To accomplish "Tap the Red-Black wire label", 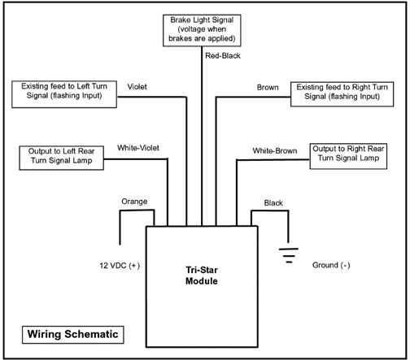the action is click(x=223, y=56).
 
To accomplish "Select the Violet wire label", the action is click(x=137, y=87).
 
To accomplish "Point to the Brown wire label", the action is click(x=268, y=87).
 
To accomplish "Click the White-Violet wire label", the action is click(x=138, y=148).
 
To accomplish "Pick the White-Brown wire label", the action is click(x=275, y=150).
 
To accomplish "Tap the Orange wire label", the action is click(x=134, y=202).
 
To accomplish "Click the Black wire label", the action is click(x=273, y=202).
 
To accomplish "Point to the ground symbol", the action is click(x=289, y=255).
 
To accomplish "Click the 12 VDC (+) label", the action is click(x=120, y=266).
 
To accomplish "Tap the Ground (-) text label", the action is click(x=331, y=265).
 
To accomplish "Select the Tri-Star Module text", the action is click(x=202, y=275).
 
